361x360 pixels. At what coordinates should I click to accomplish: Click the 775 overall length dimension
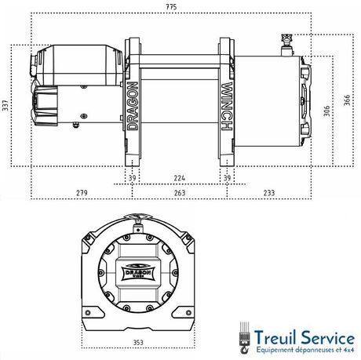point(180,8)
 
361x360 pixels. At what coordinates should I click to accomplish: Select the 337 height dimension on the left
point(5,105)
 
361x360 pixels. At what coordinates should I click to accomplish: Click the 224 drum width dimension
point(180,177)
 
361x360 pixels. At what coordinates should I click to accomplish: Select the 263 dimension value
point(180,192)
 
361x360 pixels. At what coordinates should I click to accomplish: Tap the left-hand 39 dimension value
point(132,177)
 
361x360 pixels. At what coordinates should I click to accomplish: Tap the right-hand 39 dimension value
point(228,177)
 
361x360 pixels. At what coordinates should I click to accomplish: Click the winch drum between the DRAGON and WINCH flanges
point(180,102)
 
